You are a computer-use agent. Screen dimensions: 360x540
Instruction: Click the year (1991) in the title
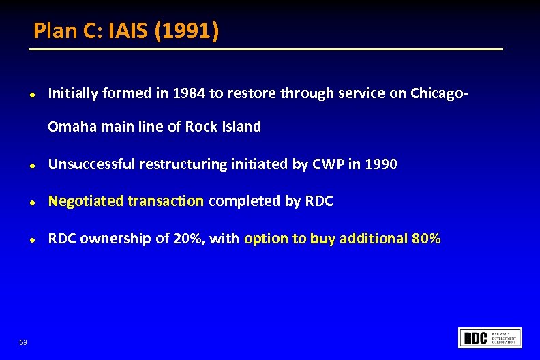(x=187, y=31)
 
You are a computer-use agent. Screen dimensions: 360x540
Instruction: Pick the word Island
(x=242, y=127)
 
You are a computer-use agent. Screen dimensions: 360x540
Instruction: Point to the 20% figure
(x=192, y=239)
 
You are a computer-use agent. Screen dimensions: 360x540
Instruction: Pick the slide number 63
(x=23, y=341)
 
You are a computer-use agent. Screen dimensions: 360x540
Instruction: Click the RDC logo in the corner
(x=491, y=337)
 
